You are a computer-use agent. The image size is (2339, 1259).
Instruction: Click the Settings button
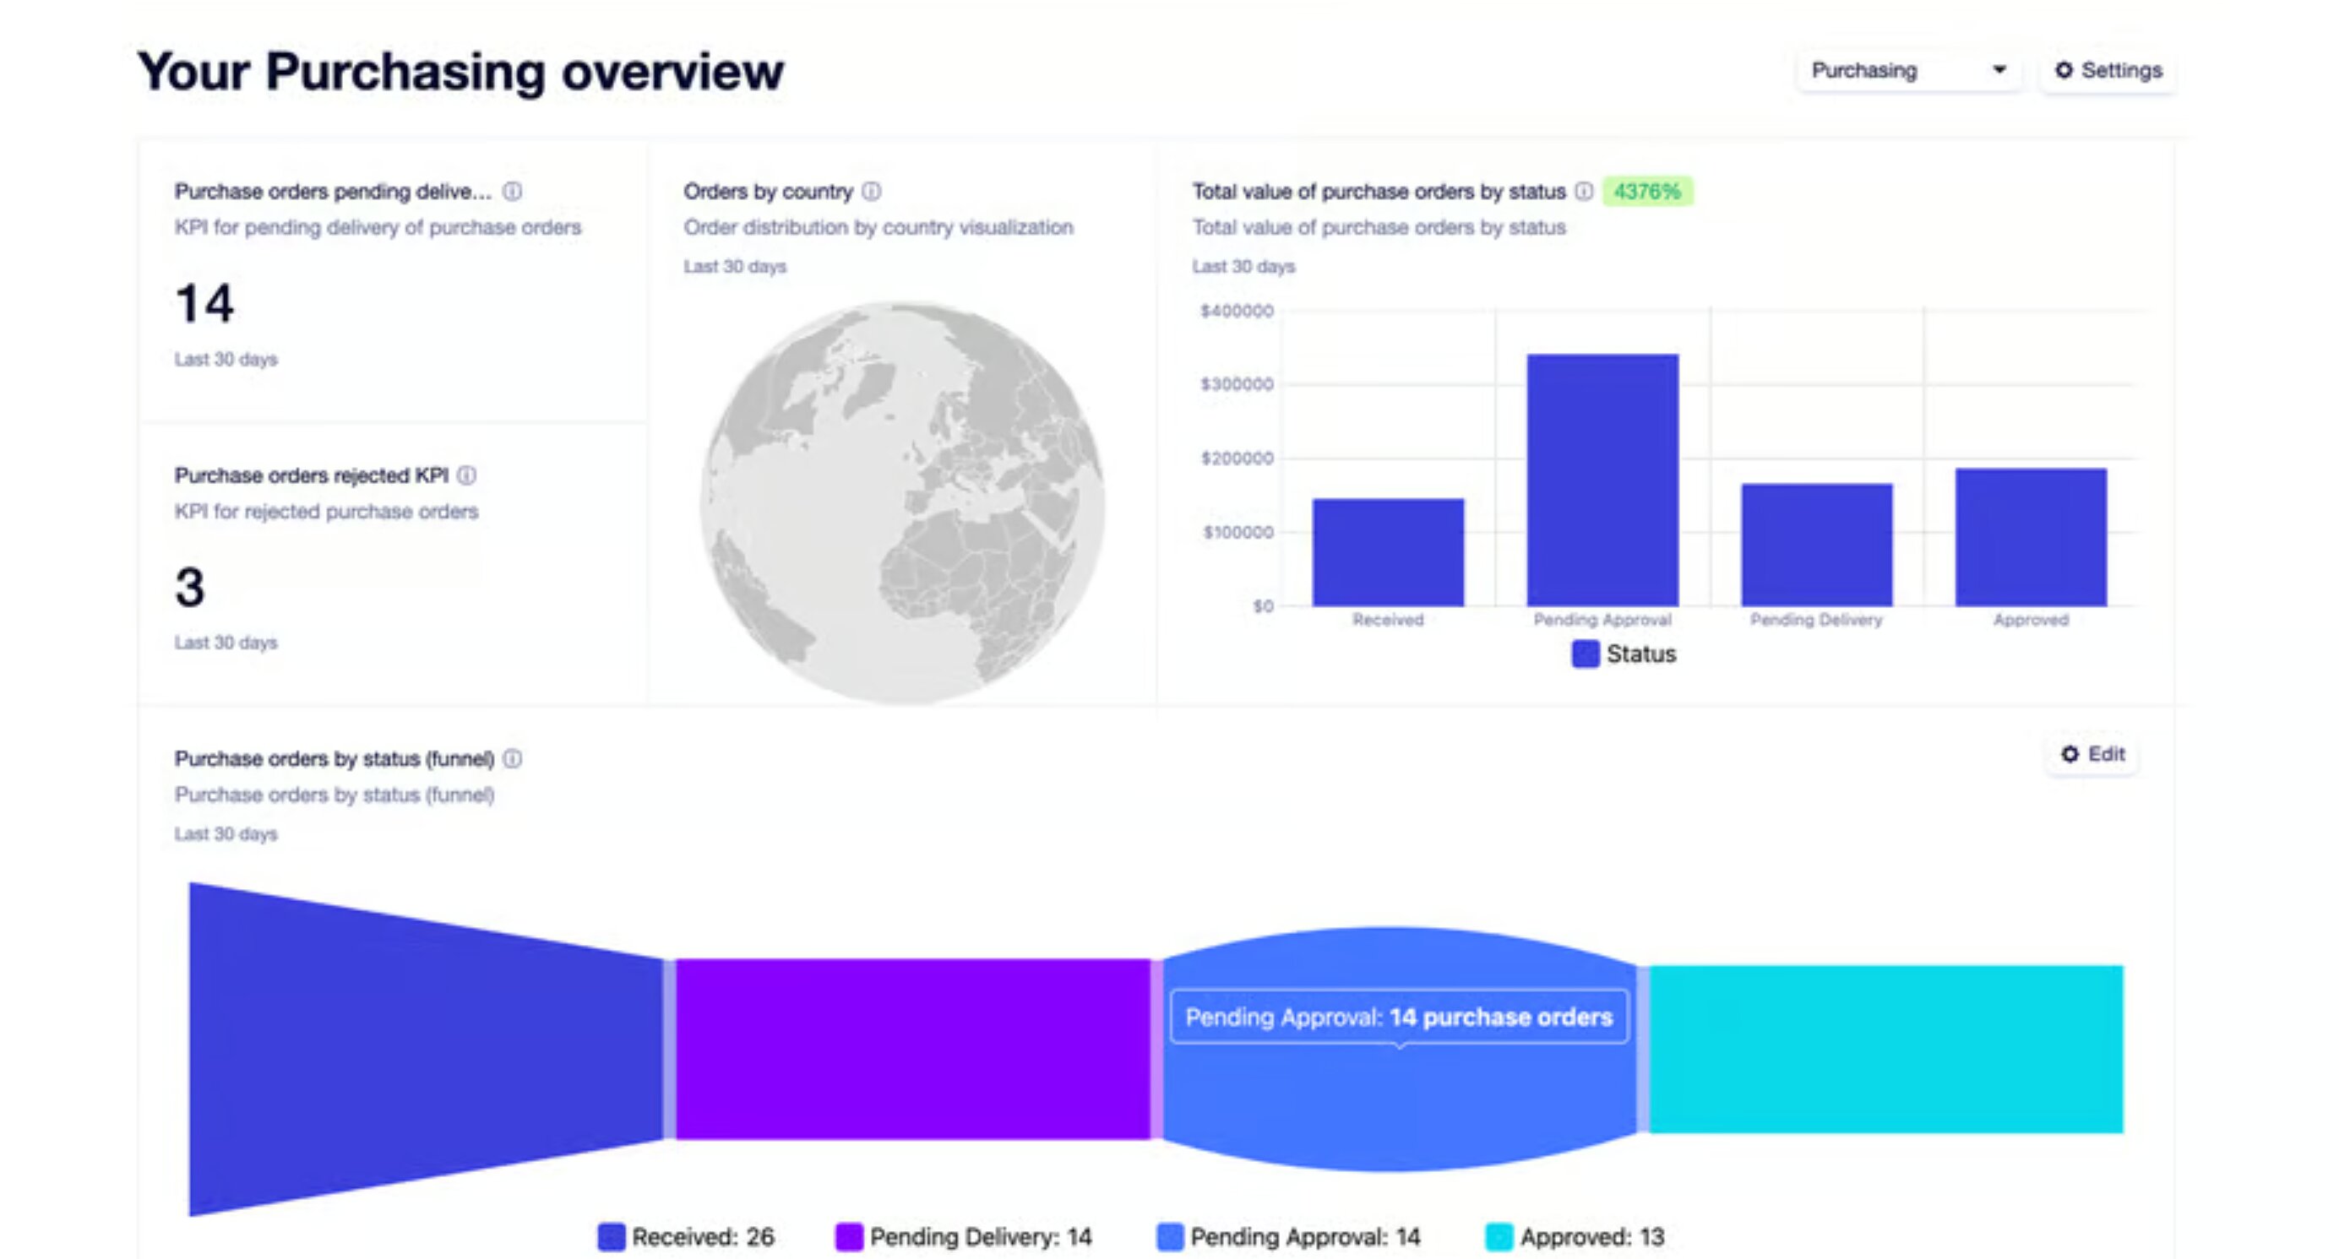2108,70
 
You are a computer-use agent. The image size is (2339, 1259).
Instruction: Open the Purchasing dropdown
1907,70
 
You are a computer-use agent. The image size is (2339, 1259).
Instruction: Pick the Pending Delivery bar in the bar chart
1816,545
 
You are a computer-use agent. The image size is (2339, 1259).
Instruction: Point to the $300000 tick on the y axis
1237,384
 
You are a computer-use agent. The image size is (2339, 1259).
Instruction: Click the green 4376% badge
1646,192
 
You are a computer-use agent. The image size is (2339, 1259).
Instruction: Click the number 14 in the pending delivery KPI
204,303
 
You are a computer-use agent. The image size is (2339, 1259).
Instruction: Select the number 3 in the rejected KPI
190,588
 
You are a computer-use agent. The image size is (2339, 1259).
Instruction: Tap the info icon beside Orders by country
871,192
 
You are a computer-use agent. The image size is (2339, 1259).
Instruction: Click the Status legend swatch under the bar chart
1585,654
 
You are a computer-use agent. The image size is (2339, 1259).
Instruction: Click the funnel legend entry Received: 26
687,1236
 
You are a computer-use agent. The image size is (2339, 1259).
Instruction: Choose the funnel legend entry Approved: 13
1575,1236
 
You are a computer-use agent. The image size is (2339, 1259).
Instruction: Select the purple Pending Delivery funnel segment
912,1049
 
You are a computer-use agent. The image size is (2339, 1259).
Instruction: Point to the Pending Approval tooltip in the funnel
1398,1017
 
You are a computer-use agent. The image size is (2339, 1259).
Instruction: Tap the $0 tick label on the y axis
1262,605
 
